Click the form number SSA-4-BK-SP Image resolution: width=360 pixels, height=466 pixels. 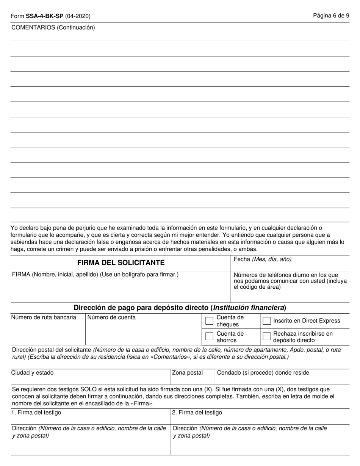[x=45, y=16]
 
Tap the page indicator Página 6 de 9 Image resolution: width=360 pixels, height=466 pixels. [x=331, y=16]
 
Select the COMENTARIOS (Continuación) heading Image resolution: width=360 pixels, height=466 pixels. [x=53, y=27]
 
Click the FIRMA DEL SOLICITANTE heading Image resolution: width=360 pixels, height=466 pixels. [x=121, y=263]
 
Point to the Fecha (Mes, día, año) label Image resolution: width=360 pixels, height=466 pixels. [x=263, y=259]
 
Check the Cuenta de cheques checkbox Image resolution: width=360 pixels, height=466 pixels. [x=209, y=321]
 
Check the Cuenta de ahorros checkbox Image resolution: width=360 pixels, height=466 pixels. [x=209, y=336]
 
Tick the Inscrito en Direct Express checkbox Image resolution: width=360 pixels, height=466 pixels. [x=267, y=321]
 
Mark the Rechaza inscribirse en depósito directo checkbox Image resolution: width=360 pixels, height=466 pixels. [x=267, y=336]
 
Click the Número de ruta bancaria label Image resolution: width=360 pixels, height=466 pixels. [x=44, y=317]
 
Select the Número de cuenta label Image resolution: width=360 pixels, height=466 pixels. [x=111, y=317]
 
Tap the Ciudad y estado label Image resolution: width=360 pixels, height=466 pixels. [x=33, y=373]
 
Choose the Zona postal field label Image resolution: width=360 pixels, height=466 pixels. [x=188, y=373]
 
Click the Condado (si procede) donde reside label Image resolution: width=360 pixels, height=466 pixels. [x=263, y=373]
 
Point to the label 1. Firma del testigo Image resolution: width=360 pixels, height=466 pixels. [x=36, y=413]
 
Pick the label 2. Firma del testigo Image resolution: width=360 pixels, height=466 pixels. [x=197, y=413]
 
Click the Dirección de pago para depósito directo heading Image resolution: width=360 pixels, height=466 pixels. [x=180, y=308]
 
